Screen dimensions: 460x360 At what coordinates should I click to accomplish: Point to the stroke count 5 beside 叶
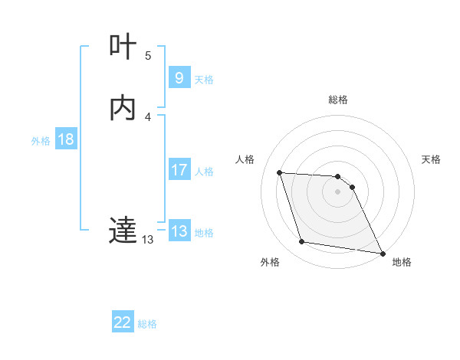click(x=148, y=56)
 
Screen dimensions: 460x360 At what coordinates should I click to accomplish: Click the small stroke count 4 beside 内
click(x=148, y=116)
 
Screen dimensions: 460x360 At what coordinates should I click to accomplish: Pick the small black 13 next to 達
click(x=148, y=240)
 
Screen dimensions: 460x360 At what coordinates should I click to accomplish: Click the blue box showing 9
click(x=179, y=77)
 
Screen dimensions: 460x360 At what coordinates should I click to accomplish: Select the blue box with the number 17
click(x=179, y=170)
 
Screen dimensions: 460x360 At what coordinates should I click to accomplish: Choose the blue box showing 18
click(x=65, y=139)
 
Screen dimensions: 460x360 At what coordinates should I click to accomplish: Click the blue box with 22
click(x=123, y=322)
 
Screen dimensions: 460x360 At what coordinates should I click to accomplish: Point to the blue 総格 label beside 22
click(x=147, y=324)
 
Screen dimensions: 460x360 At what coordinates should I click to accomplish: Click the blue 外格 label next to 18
click(x=41, y=141)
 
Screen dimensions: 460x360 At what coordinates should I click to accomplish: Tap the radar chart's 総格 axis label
click(x=338, y=100)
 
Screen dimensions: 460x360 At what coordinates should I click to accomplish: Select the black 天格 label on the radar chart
click(x=431, y=159)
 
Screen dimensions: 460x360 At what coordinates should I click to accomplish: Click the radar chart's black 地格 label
click(x=402, y=262)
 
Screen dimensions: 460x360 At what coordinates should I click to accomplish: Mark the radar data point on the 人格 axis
click(x=280, y=172)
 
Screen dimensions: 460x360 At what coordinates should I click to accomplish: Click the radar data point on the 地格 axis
click(x=382, y=253)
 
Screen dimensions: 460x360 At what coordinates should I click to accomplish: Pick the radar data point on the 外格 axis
click(x=302, y=242)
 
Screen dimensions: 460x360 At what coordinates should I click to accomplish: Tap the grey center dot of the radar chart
click(x=338, y=192)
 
